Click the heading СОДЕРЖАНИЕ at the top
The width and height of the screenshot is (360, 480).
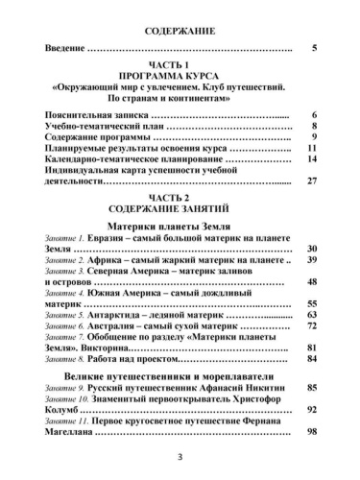point(180,32)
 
